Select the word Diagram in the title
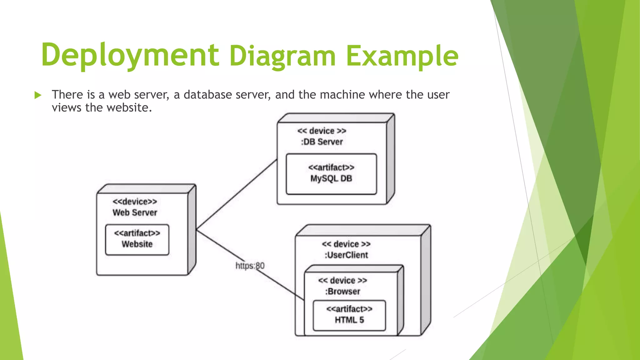(282, 56)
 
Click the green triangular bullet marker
(38, 95)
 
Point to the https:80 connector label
(250, 266)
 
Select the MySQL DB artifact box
(331, 174)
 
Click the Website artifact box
(137, 240)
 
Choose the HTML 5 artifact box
(349, 315)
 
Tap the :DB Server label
(322, 142)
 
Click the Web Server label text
(135, 212)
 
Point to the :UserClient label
(346, 255)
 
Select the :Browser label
(342, 292)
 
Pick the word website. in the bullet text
(129, 107)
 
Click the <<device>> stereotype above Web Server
(135, 202)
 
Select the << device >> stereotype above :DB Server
(322, 131)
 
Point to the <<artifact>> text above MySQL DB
(331, 167)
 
